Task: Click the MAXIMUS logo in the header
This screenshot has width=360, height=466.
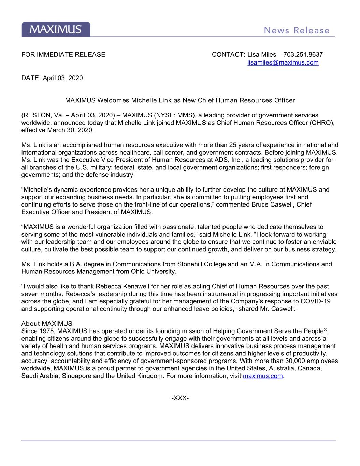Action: (56, 29)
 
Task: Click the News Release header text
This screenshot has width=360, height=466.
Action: (297, 31)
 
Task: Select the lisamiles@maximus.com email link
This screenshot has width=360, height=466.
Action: (283, 63)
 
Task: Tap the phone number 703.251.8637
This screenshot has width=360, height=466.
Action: (303, 55)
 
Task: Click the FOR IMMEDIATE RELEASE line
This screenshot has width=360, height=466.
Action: (63, 55)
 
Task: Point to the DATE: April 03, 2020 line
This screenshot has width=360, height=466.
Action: (52, 78)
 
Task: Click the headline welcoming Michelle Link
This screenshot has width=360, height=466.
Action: (180, 100)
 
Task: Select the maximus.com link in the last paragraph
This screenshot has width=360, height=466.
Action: (263, 376)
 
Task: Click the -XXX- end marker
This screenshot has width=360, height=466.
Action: (180, 398)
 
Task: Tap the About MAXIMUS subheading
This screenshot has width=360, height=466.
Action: (47, 324)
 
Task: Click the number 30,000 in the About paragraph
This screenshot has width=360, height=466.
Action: (288, 361)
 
